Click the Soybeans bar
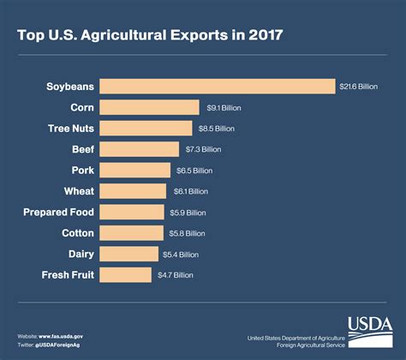tap(217, 87)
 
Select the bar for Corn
tap(151, 107)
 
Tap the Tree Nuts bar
tap(146, 129)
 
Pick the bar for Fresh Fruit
tap(125, 274)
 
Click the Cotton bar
tap(131, 232)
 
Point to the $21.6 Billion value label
tap(358, 87)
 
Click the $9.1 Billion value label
tap(226, 108)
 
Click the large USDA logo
tap(369, 331)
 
